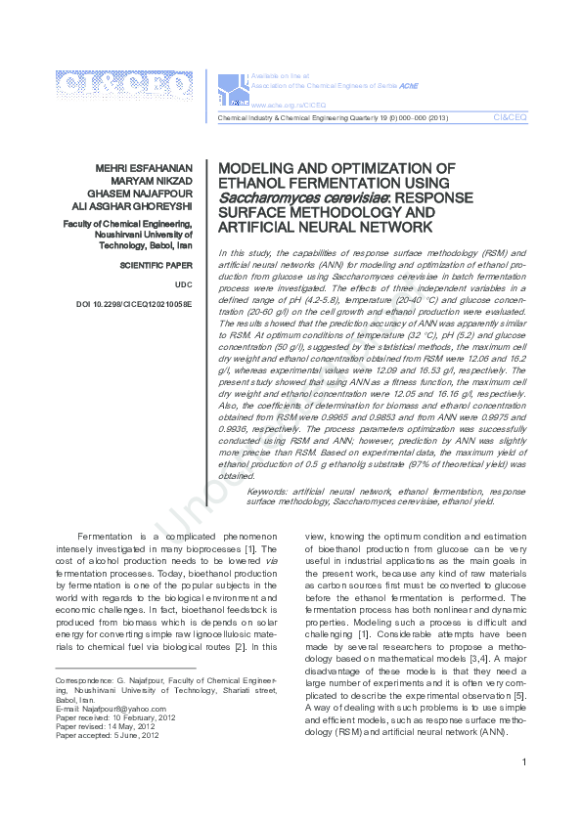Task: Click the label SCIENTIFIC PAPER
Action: tap(156, 265)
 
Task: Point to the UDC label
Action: tap(184, 284)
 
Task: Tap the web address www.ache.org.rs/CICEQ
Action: tap(289, 104)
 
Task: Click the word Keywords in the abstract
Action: tap(269, 491)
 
